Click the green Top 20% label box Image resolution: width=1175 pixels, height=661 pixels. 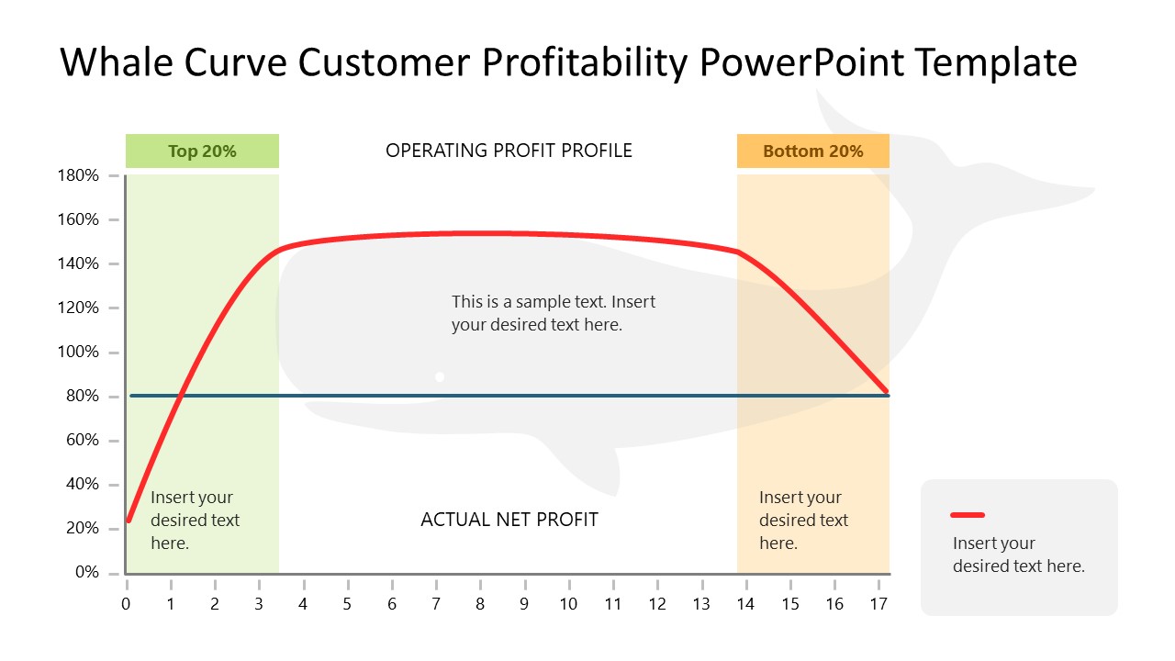(x=202, y=151)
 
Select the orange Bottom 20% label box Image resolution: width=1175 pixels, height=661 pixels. (x=812, y=151)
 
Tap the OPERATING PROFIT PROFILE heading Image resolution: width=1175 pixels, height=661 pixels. (x=509, y=151)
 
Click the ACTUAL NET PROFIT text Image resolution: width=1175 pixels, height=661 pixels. (x=509, y=520)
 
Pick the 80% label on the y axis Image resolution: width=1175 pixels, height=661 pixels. (x=81, y=397)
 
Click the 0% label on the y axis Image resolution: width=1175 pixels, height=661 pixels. (x=85, y=573)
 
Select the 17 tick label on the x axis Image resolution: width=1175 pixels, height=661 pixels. (x=878, y=603)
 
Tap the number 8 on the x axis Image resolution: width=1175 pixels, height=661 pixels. (x=480, y=603)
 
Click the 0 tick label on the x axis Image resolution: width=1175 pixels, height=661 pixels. (x=127, y=603)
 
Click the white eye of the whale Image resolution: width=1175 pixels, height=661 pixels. (x=440, y=376)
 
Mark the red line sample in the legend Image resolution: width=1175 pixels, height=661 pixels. (x=968, y=515)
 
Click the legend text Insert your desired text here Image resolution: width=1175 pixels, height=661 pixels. (x=1018, y=555)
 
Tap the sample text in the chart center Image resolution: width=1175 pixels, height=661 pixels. (x=553, y=313)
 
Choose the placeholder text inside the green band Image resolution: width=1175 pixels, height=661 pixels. (x=195, y=520)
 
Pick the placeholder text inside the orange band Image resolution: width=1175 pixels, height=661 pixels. (x=803, y=520)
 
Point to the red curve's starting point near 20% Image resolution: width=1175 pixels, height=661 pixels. (x=129, y=520)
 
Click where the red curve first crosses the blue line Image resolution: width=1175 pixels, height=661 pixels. (x=181, y=396)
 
